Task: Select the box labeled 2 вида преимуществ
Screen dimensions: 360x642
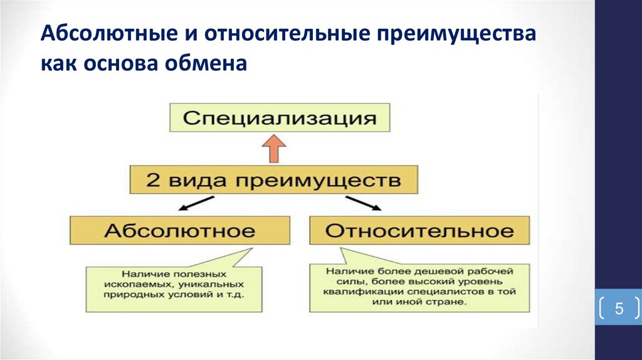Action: pyautogui.click(x=274, y=181)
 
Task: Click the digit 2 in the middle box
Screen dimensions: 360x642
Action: pyautogui.click(x=152, y=181)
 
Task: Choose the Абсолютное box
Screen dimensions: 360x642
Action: pyautogui.click(x=179, y=230)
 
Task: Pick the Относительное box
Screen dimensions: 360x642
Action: pyautogui.click(x=419, y=230)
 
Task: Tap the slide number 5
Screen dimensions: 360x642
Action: pyautogui.click(x=618, y=309)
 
